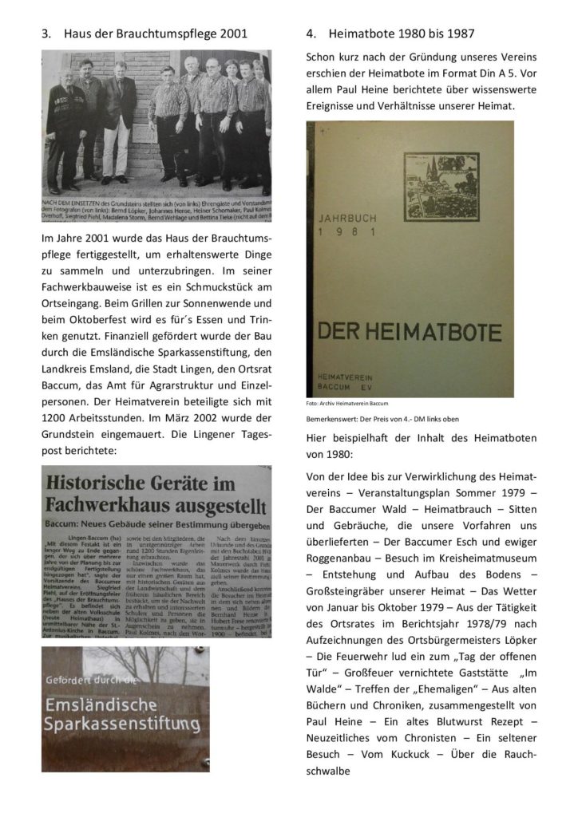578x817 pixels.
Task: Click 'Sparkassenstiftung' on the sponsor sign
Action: pyautogui.click(x=121, y=725)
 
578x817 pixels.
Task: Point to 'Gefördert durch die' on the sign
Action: pyautogui.click(x=93, y=680)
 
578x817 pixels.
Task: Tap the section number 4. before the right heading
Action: pyautogui.click(x=311, y=34)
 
